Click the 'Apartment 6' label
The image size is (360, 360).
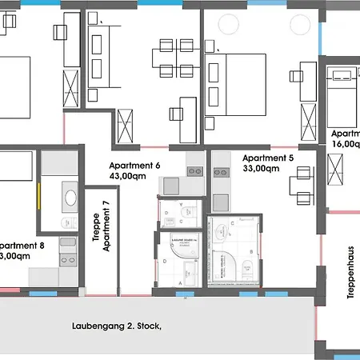[134, 166]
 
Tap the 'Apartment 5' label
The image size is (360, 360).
[268, 158]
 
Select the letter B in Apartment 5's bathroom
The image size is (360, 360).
[252, 251]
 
